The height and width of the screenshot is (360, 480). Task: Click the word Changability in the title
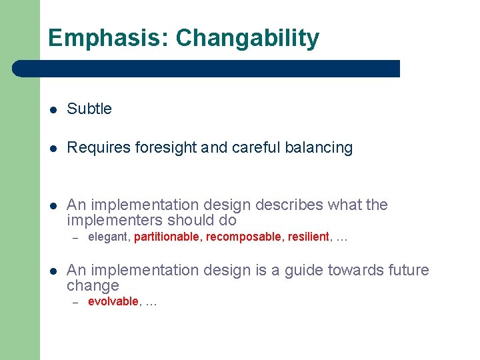click(247, 39)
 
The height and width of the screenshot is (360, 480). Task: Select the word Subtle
click(89, 109)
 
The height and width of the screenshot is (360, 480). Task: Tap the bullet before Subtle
click(53, 110)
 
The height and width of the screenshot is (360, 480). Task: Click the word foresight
click(165, 148)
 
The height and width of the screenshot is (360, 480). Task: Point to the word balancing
click(318, 148)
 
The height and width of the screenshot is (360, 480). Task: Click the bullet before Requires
click(53, 149)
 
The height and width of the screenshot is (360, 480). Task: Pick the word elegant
click(109, 237)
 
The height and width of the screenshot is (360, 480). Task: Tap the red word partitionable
click(167, 237)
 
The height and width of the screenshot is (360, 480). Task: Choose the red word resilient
click(309, 237)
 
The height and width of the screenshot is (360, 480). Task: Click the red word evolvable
click(113, 301)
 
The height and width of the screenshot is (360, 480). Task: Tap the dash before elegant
click(76, 238)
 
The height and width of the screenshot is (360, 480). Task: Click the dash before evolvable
click(76, 303)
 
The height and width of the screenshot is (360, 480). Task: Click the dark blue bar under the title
click(207, 69)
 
